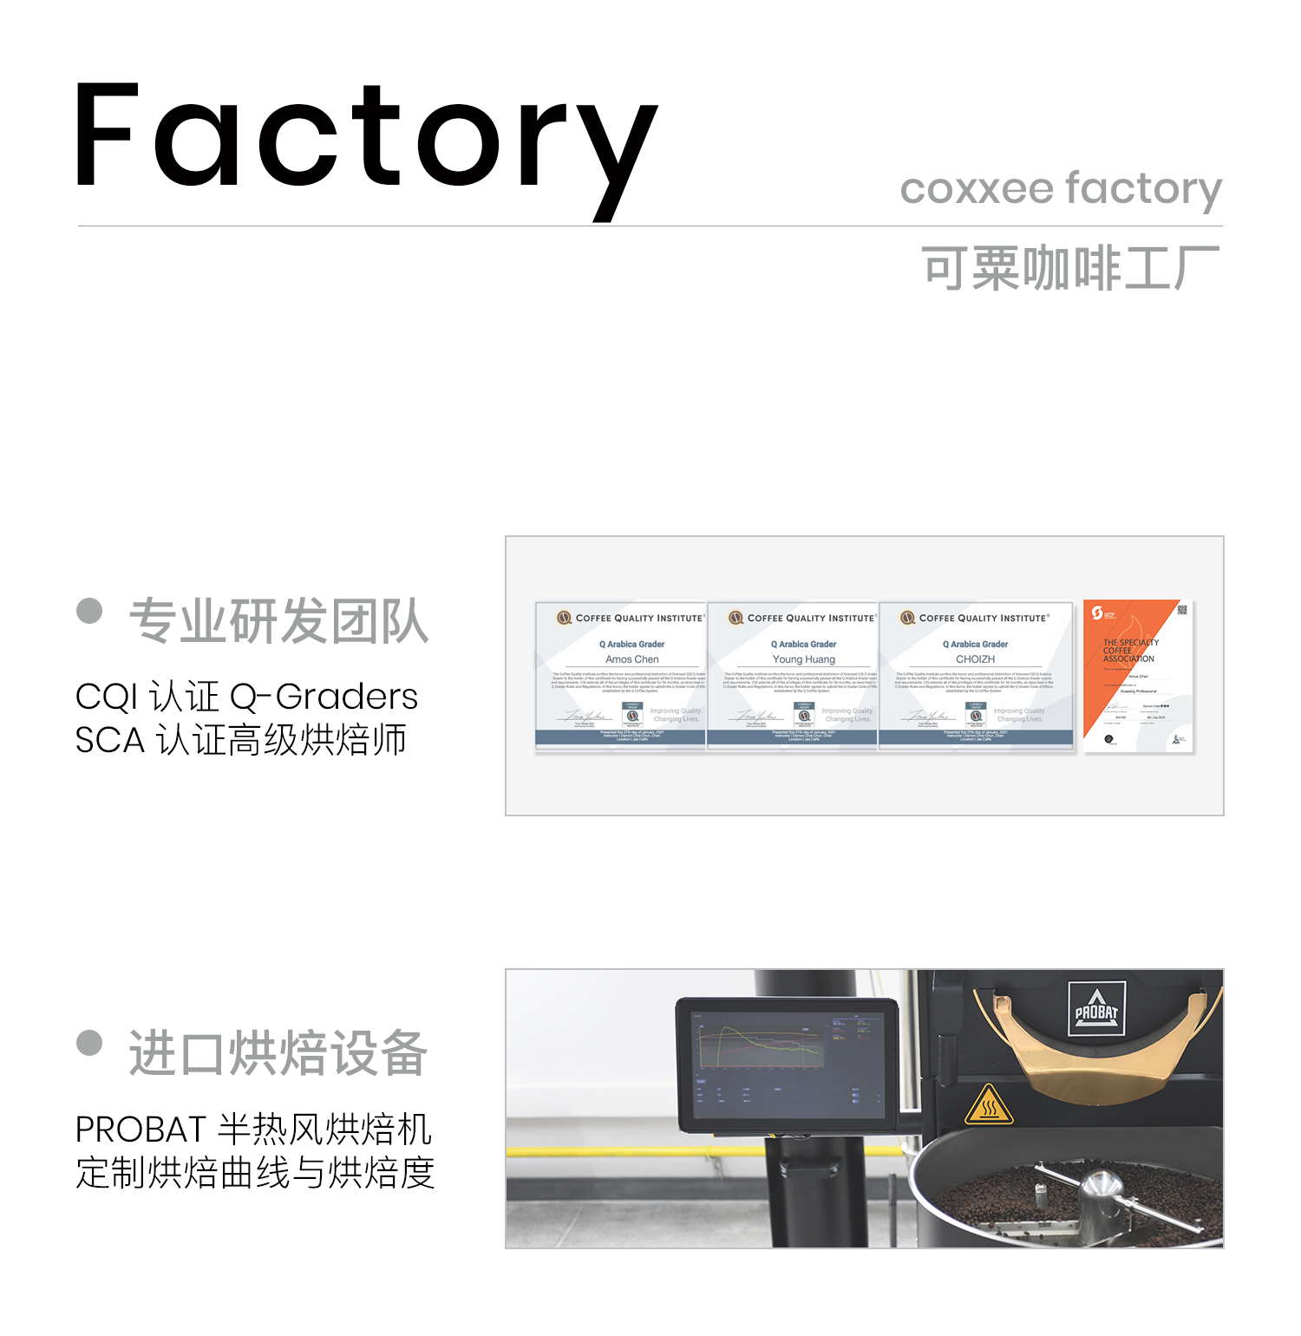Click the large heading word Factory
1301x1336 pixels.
click(x=364, y=139)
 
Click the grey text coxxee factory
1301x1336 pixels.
click(x=1061, y=189)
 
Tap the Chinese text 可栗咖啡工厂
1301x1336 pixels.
click(x=1070, y=268)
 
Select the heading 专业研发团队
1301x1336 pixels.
click(x=278, y=621)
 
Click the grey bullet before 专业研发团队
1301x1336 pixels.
click(x=89, y=611)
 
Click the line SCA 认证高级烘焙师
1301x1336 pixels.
click(x=240, y=740)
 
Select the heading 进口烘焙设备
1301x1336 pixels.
click(x=278, y=1053)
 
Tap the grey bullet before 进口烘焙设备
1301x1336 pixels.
click(x=89, y=1042)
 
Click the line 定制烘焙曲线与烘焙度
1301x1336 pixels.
click(x=255, y=1173)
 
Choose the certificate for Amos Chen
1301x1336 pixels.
click(x=621, y=675)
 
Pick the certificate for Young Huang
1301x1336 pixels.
click(x=793, y=675)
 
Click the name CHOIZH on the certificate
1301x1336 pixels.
click(x=975, y=659)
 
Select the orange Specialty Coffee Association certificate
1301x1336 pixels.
click(x=1138, y=675)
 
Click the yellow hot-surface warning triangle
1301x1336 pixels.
click(x=988, y=1105)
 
